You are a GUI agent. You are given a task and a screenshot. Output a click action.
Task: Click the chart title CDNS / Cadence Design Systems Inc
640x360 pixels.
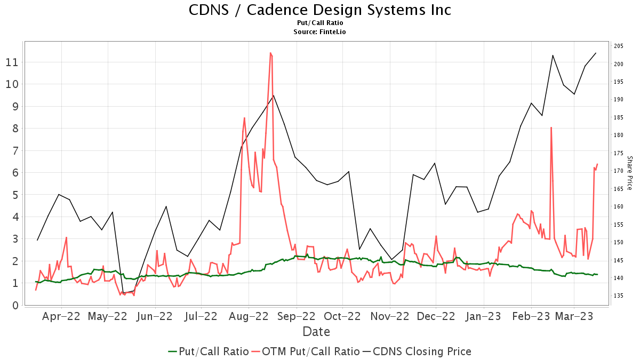tap(320, 10)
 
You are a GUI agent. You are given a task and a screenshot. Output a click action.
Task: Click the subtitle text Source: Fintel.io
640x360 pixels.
tap(320, 32)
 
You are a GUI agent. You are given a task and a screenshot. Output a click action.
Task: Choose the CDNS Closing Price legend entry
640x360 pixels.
tap(421, 351)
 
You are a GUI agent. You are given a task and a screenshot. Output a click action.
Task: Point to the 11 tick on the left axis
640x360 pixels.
tap(12, 62)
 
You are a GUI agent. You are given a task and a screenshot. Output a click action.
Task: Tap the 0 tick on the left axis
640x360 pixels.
tap(15, 306)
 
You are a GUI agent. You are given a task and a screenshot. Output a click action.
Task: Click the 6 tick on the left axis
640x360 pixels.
tap(15, 173)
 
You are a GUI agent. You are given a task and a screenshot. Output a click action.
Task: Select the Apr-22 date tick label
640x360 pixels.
tap(61, 316)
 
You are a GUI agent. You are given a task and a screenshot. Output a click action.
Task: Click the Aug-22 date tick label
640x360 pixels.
tap(249, 316)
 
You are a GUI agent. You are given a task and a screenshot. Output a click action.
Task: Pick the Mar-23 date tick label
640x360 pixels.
tap(574, 316)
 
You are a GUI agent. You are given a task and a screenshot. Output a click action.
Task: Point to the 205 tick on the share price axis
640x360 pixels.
tap(619, 46)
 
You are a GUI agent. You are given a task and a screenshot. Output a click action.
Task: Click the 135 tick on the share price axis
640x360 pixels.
tap(619, 295)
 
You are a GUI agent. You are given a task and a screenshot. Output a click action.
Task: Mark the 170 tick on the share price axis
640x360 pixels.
tap(619, 171)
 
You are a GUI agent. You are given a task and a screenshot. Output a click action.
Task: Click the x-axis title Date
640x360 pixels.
tap(316, 332)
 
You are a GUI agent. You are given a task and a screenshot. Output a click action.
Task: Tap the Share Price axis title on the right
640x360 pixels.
tap(629, 173)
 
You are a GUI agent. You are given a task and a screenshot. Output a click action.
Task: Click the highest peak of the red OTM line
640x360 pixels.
tap(271, 53)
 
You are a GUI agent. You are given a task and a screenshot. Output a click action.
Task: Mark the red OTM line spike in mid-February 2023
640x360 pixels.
tap(551, 127)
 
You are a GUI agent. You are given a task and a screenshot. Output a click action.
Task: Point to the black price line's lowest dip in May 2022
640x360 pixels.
tap(123, 293)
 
